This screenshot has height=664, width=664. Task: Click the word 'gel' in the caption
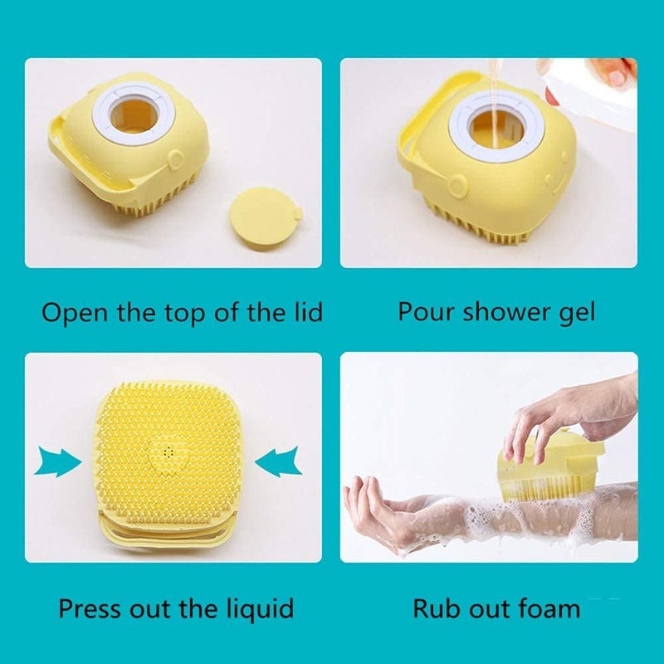point(576,313)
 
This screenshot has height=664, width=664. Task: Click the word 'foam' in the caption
point(544,608)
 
